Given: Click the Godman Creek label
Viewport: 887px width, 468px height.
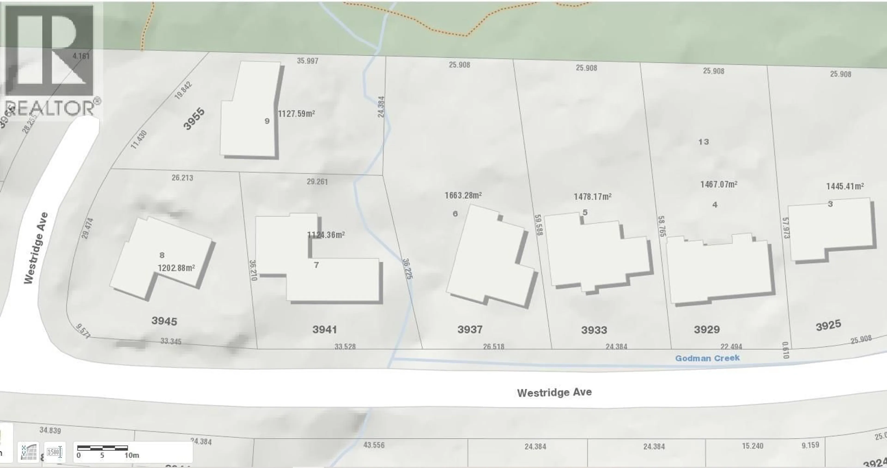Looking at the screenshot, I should (x=707, y=358).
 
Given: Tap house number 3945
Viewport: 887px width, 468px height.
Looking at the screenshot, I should (x=164, y=321).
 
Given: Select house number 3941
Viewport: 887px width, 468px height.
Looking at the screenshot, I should (x=324, y=329).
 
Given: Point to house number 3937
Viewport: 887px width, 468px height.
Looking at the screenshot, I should (x=470, y=329).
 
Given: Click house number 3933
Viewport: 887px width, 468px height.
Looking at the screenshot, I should (x=594, y=330).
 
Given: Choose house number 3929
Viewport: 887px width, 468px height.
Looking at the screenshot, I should (x=707, y=329).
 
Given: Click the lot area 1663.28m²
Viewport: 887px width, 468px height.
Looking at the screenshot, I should (x=463, y=195).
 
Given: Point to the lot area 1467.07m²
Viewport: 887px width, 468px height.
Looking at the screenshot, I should (x=719, y=184).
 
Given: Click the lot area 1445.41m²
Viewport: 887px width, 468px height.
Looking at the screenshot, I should (x=845, y=186).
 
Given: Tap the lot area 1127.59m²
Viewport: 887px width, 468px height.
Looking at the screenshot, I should (x=296, y=114).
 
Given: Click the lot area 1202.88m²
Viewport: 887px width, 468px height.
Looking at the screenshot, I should (x=176, y=268).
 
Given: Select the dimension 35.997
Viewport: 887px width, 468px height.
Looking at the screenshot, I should (x=307, y=61).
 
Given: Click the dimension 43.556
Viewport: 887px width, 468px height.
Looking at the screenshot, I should (x=374, y=445).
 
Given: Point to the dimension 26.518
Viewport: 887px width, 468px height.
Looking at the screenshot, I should (x=493, y=346).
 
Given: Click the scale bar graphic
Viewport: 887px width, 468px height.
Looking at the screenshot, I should (x=102, y=448).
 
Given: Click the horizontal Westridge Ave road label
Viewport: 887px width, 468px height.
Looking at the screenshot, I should (x=554, y=393).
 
